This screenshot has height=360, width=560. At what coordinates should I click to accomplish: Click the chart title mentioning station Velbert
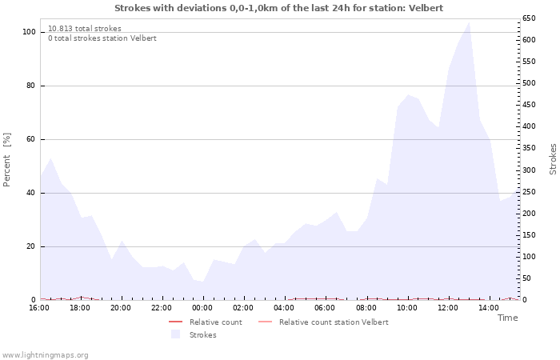click(278, 8)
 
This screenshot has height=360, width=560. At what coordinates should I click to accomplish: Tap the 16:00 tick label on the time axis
click(39, 308)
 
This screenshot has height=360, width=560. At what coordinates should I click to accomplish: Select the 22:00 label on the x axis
click(162, 308)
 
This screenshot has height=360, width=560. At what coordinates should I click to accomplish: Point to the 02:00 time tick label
click(243, 308)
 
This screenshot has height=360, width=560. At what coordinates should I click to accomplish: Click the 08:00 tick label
click(366, 308)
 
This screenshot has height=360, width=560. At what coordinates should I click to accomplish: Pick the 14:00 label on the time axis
click(488, 308)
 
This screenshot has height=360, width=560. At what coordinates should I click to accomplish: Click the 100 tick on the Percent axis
click(30, 32)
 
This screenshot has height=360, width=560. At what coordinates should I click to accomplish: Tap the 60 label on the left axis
click(31, 139)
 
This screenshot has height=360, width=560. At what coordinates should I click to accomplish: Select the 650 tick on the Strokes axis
click(529, 18)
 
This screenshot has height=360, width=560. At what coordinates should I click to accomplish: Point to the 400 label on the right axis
click(529, 126)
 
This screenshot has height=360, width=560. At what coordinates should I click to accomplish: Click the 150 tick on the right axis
click(529, 235)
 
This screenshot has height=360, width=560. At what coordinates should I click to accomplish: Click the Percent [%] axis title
click(7, 159)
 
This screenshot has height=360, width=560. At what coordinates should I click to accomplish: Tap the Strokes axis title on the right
click(553, 159)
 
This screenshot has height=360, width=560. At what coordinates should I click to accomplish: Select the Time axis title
click(507, 318)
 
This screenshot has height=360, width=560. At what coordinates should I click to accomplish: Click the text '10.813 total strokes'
click(85, 29)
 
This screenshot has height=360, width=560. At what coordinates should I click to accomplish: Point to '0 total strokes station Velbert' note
click(102, 38)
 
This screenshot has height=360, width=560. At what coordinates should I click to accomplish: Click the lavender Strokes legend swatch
click(175, 334)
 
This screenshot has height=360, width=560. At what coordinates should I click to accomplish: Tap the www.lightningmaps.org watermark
click(45, 355)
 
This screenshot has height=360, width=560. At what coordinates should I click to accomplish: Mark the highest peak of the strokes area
click(468, 22)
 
